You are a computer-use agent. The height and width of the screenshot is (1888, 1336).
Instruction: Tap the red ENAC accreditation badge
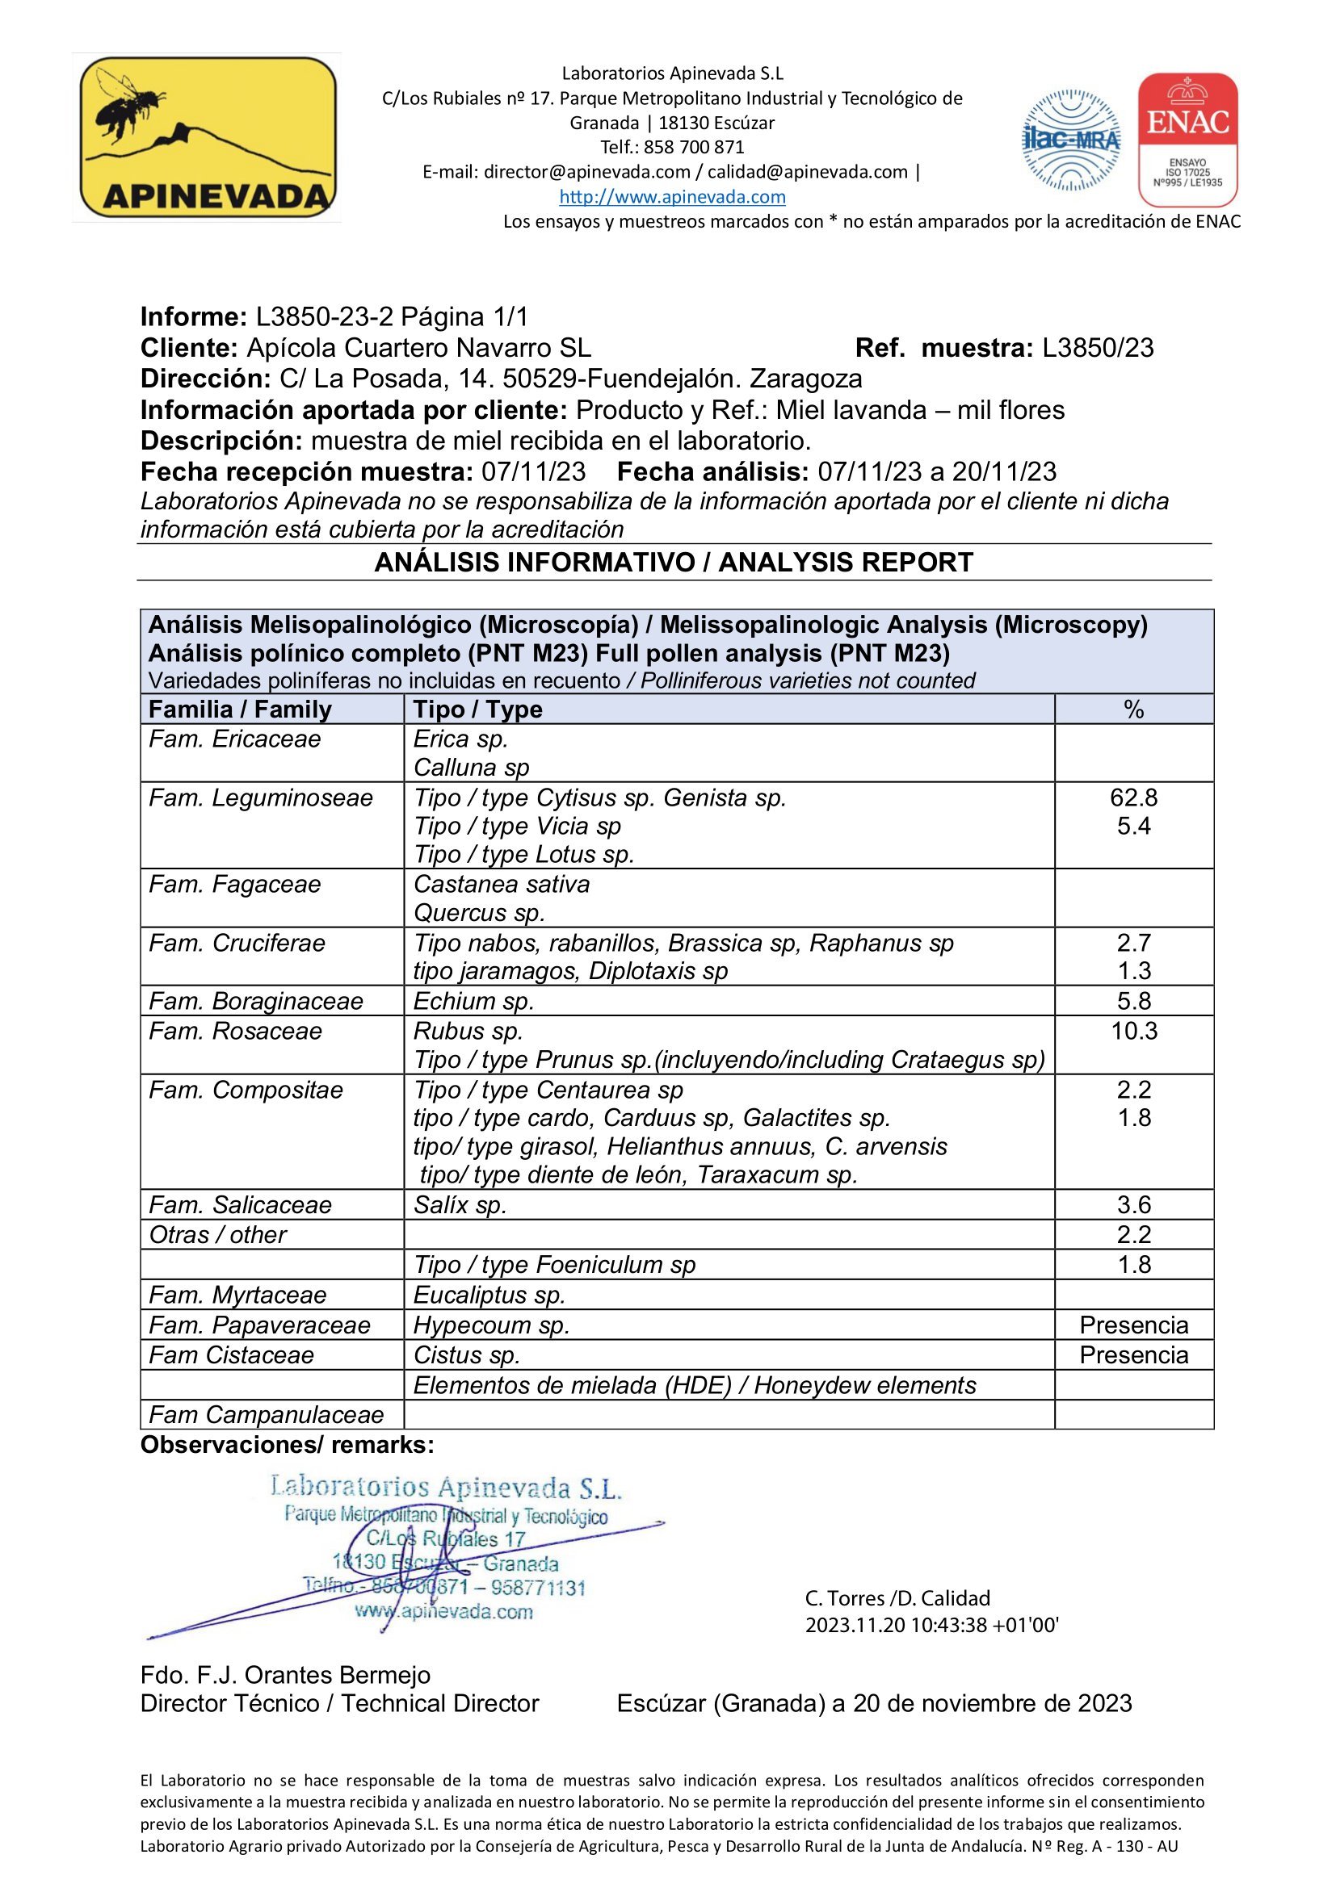point(1187,140)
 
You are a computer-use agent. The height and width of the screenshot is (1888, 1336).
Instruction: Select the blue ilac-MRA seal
point(1071,140)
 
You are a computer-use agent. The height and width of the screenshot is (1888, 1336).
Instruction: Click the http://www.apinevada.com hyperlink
point(672,196)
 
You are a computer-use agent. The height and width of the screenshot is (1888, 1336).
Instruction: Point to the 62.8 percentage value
point(1132,797)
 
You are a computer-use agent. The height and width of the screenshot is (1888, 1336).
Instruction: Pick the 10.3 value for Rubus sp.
point(1132,1030)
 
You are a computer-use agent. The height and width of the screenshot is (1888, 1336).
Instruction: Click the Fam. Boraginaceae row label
point(256,1001)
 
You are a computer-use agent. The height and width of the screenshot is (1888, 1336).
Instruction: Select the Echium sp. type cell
point(474,1001)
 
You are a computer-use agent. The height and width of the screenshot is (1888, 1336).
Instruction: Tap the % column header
point(1132,709)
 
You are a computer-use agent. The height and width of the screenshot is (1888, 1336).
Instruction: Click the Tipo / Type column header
point(477,709)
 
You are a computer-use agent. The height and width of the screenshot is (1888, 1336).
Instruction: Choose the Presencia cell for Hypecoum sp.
point(1132,1325)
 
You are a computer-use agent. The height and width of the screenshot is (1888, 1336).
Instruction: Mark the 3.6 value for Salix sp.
point(1132,1204)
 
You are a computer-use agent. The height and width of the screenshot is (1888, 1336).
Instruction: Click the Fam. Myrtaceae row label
point(237,1295)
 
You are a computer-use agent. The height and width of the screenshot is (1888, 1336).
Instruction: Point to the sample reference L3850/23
point(1098,348)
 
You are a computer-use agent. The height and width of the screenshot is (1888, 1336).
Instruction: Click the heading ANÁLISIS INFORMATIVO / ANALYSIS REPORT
point(673,563)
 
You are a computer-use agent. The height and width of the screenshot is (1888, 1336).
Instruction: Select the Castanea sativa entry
point(502,884)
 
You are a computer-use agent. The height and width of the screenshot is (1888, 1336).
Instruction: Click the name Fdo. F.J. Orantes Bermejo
point(285,1675)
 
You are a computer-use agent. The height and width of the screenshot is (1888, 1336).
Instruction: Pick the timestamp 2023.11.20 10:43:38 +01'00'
point(931,1625)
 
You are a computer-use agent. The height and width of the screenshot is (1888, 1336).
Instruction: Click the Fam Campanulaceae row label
point(267,1414)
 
